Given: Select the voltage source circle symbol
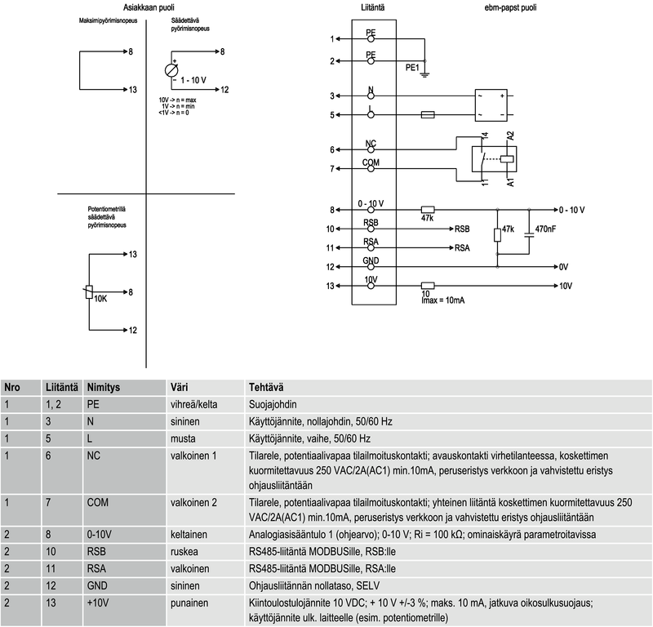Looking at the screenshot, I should pyautogui.click(x=171, y=70).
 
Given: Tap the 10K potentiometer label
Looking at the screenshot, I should pyautogui.click(x=101, y=299).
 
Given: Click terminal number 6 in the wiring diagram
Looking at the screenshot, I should pyautogui.click(x=331, y=149).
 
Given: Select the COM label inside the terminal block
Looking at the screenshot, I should pyautogui.click(x=371, y=162).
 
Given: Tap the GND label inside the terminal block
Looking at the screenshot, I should pyautogui.click(x=371, y=260).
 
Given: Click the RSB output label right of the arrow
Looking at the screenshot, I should pyautogui.click(x=463, y=229).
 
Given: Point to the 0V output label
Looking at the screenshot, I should pyautogui.click(x=563, y=267).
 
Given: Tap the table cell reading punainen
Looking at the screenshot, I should pyautogui.click(x=189, y=603).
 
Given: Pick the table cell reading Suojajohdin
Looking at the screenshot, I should pyautogui.click(x=271, y=403).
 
